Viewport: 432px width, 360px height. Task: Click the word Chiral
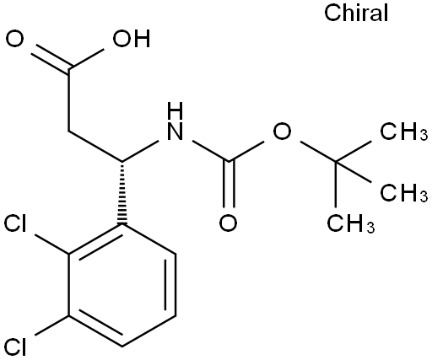356,13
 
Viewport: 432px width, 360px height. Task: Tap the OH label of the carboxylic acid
132,39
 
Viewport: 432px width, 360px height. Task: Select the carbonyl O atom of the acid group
14,39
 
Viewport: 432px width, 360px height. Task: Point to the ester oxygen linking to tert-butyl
282,131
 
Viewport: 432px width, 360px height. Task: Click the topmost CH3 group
404,131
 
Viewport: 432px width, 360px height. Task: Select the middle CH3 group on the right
404,193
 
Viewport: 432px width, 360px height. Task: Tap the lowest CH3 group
351,223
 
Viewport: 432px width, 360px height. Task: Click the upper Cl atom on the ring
15,223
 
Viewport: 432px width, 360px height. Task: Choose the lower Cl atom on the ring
15,347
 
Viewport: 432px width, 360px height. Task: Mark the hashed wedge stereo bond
122,193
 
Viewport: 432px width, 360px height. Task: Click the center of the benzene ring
122,285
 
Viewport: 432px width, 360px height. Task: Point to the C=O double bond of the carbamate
229,185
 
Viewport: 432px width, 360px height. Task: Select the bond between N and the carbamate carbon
211,151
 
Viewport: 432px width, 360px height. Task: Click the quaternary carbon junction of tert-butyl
336,162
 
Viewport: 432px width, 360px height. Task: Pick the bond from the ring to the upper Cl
52,244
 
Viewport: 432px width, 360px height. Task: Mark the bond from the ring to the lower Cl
52,325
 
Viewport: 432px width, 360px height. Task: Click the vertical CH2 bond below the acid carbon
68,99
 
